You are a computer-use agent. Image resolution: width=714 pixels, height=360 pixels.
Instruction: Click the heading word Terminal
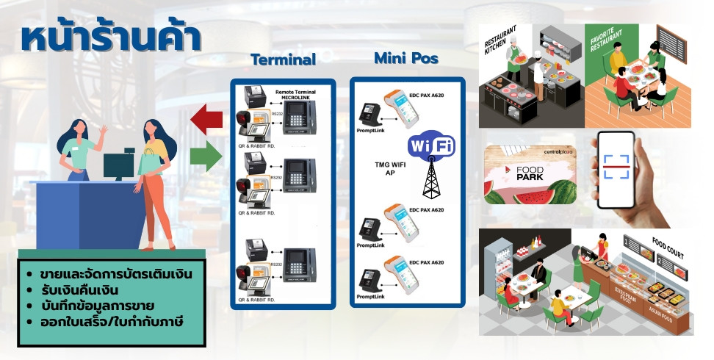coord(283,60)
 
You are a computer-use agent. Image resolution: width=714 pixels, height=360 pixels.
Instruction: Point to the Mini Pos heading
coord(406,57)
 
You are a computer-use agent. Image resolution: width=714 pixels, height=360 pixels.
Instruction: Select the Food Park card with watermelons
coord(530,174)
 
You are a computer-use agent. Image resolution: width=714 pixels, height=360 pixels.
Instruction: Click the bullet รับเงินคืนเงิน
coord(81,290)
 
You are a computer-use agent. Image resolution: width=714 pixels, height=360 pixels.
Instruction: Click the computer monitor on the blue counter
coord(118,165)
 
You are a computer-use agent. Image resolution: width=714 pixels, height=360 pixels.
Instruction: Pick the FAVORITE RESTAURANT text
coord(611,38)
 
